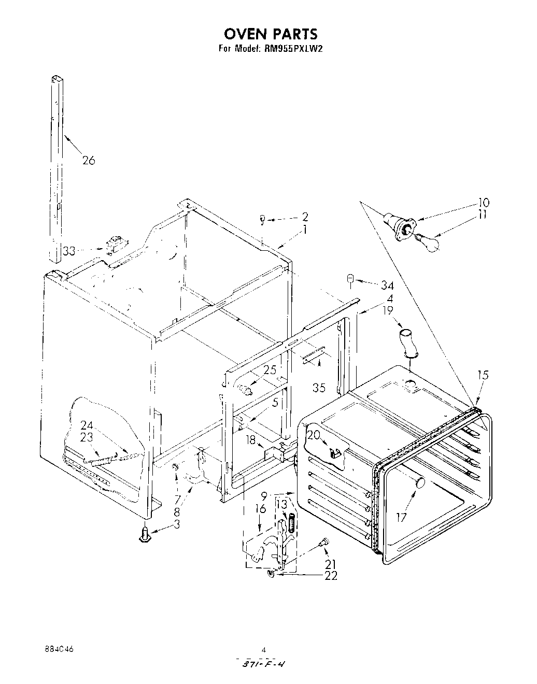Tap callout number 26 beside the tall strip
89,161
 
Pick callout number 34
387,286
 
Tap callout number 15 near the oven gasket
483,375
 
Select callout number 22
330,576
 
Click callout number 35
320,388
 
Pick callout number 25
270,370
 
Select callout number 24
87,425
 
